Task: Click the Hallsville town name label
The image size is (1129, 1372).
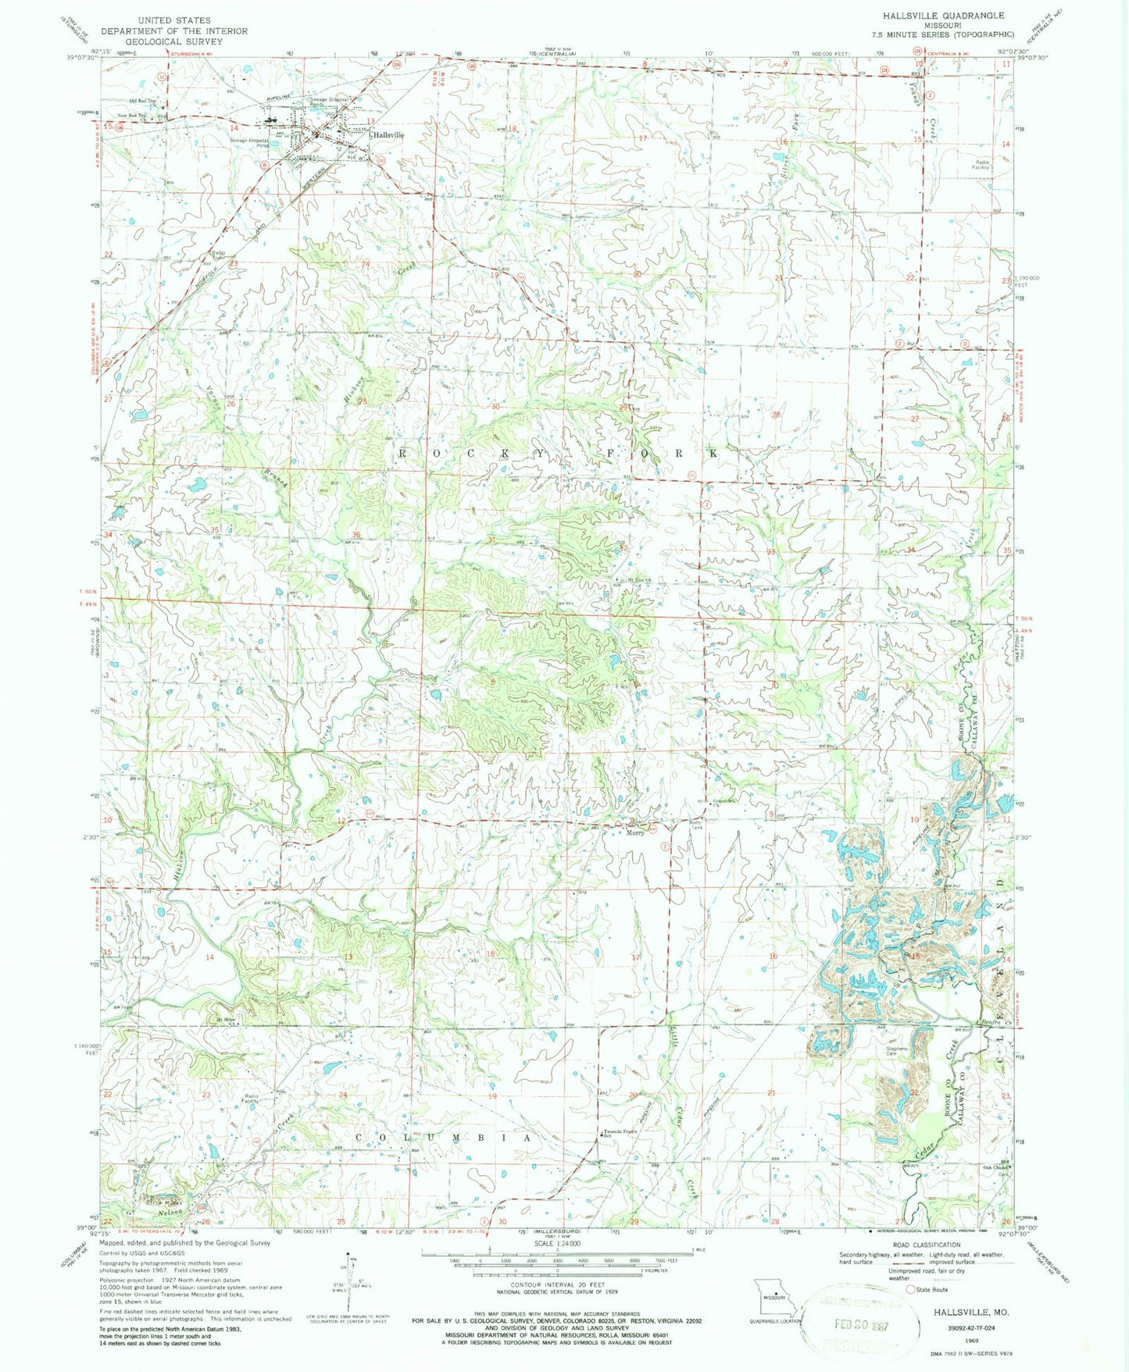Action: click(x=388, y=134)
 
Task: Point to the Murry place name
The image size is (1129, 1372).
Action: click(x=634, y=832)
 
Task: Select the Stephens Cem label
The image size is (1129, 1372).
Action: click(x=897, y=1051)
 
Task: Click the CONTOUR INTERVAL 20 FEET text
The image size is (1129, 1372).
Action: click(x=556, y=1284)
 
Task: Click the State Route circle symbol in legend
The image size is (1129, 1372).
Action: click(x=910, y=1290)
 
